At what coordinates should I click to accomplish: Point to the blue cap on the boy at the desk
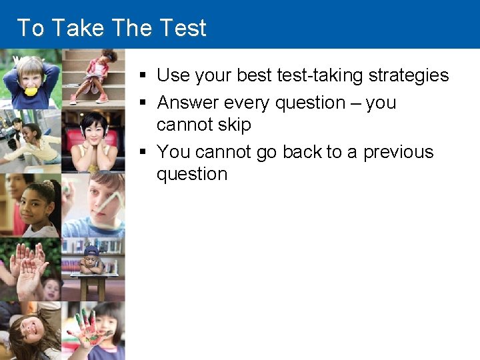(92, 251)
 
